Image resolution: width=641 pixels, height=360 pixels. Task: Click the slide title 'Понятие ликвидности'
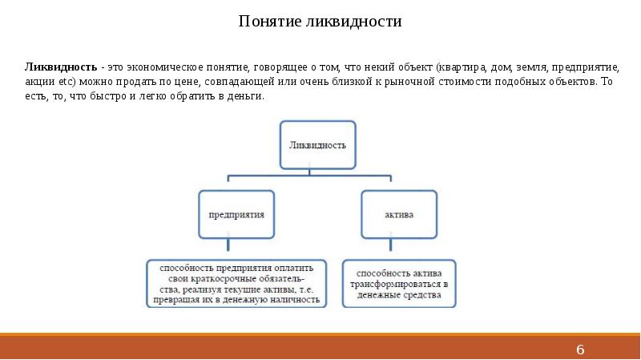[320, 22]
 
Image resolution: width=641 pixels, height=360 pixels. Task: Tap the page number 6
[581, 350]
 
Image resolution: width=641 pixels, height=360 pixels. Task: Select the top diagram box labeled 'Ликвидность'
[316, 146]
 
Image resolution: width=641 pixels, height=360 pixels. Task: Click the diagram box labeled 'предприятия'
[236, 215]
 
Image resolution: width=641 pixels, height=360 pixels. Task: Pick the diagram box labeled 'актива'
[399, 215]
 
